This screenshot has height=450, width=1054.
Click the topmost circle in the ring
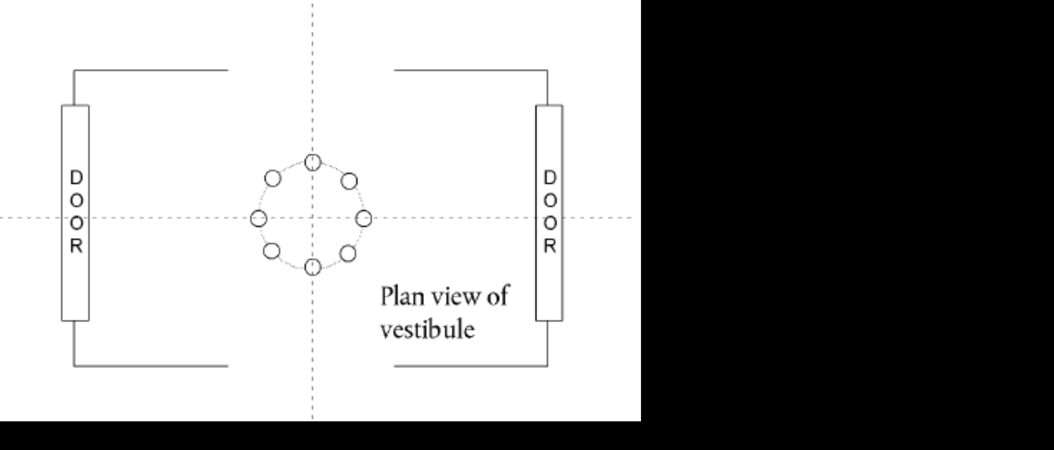[313, 162]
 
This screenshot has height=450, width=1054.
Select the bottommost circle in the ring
[313, 267]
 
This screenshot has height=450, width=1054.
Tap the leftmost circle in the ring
[259, 219]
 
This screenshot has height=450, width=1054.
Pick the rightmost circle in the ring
[364, 219]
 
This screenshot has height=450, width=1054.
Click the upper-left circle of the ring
[273, 178]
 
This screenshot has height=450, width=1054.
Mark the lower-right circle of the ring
[348, 253]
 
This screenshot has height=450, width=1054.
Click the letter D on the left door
[76, 177]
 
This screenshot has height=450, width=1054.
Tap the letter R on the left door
[76, 246]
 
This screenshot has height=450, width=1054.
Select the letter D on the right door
[550, 177]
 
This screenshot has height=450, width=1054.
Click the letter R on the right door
[550, 246]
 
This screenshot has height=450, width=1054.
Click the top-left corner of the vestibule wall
[74, 70]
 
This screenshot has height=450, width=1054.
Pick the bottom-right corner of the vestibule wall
[547, 366]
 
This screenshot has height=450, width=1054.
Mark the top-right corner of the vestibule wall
[547, 70]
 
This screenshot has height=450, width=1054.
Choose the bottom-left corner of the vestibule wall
[74, 366]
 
